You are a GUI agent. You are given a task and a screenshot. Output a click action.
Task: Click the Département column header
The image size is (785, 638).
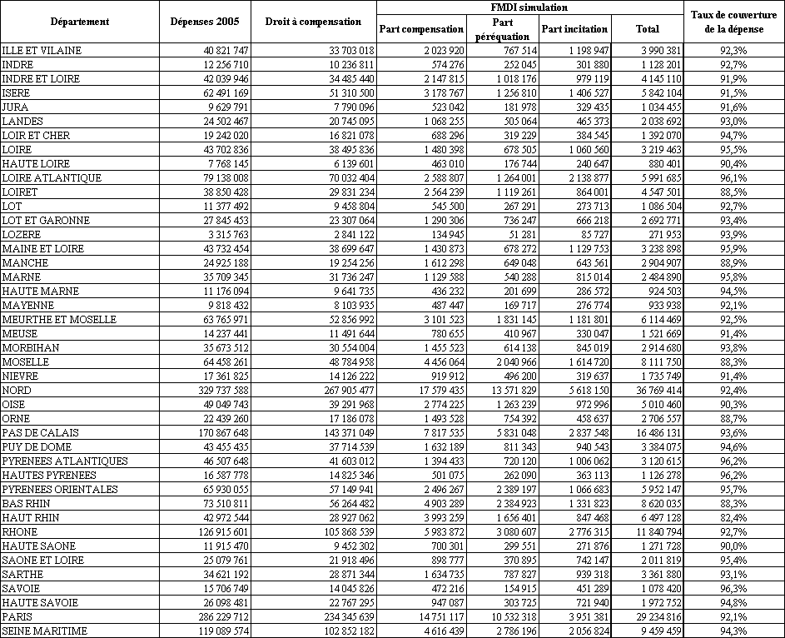tap(80, 21)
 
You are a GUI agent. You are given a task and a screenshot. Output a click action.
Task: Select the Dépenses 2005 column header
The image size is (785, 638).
tap(204, 21)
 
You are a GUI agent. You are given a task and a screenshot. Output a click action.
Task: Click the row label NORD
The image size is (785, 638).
tap(17, 390)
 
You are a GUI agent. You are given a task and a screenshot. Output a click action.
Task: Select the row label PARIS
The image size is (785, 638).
tap(17, 617)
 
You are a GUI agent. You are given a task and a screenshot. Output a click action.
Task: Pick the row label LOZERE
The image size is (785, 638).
tap(21, 234)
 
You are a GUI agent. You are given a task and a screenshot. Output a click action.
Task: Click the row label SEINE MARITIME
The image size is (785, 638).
tap(45, 631)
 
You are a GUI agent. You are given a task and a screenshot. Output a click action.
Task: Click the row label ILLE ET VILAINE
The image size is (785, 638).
tap(42, 50)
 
